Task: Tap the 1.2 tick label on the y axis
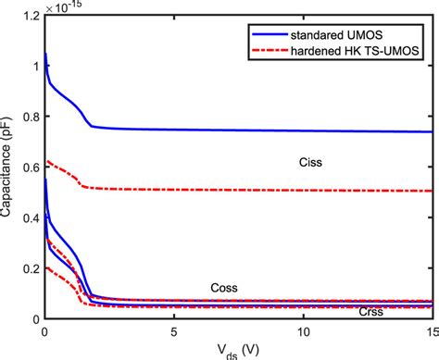[29, 16]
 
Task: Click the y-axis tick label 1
[34, 67]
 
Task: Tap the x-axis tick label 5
[173, 330]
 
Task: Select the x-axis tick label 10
[303, 330]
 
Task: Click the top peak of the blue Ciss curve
[45, 54]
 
